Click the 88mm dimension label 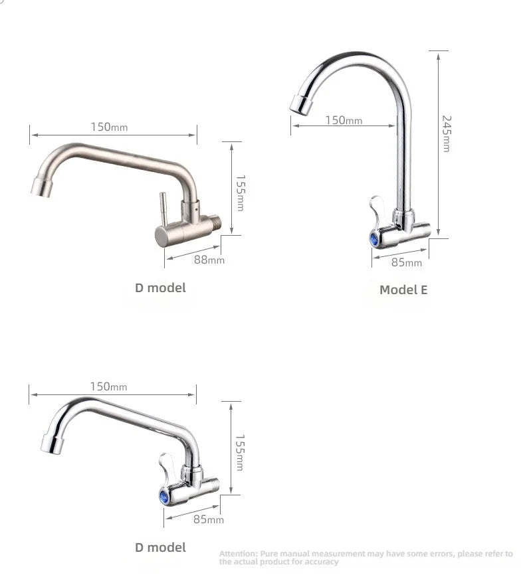coord(209,260)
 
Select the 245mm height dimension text coord(447,133)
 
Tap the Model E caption coord(403,290)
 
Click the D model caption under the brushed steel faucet coord(160,288)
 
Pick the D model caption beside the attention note coord(160,547)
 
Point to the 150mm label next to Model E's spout coord(344,120)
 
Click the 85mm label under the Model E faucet coord(406,262)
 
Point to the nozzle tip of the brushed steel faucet coord(40,188)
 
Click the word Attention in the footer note coord(237,553)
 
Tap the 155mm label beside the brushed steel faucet coord(240,193)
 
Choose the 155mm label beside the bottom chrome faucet coord(240,453)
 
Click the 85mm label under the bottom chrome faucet coord(208,519)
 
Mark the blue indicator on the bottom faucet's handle coord(164,495)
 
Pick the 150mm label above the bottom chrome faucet coord(108,386)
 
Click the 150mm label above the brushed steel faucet coord(109,127)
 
